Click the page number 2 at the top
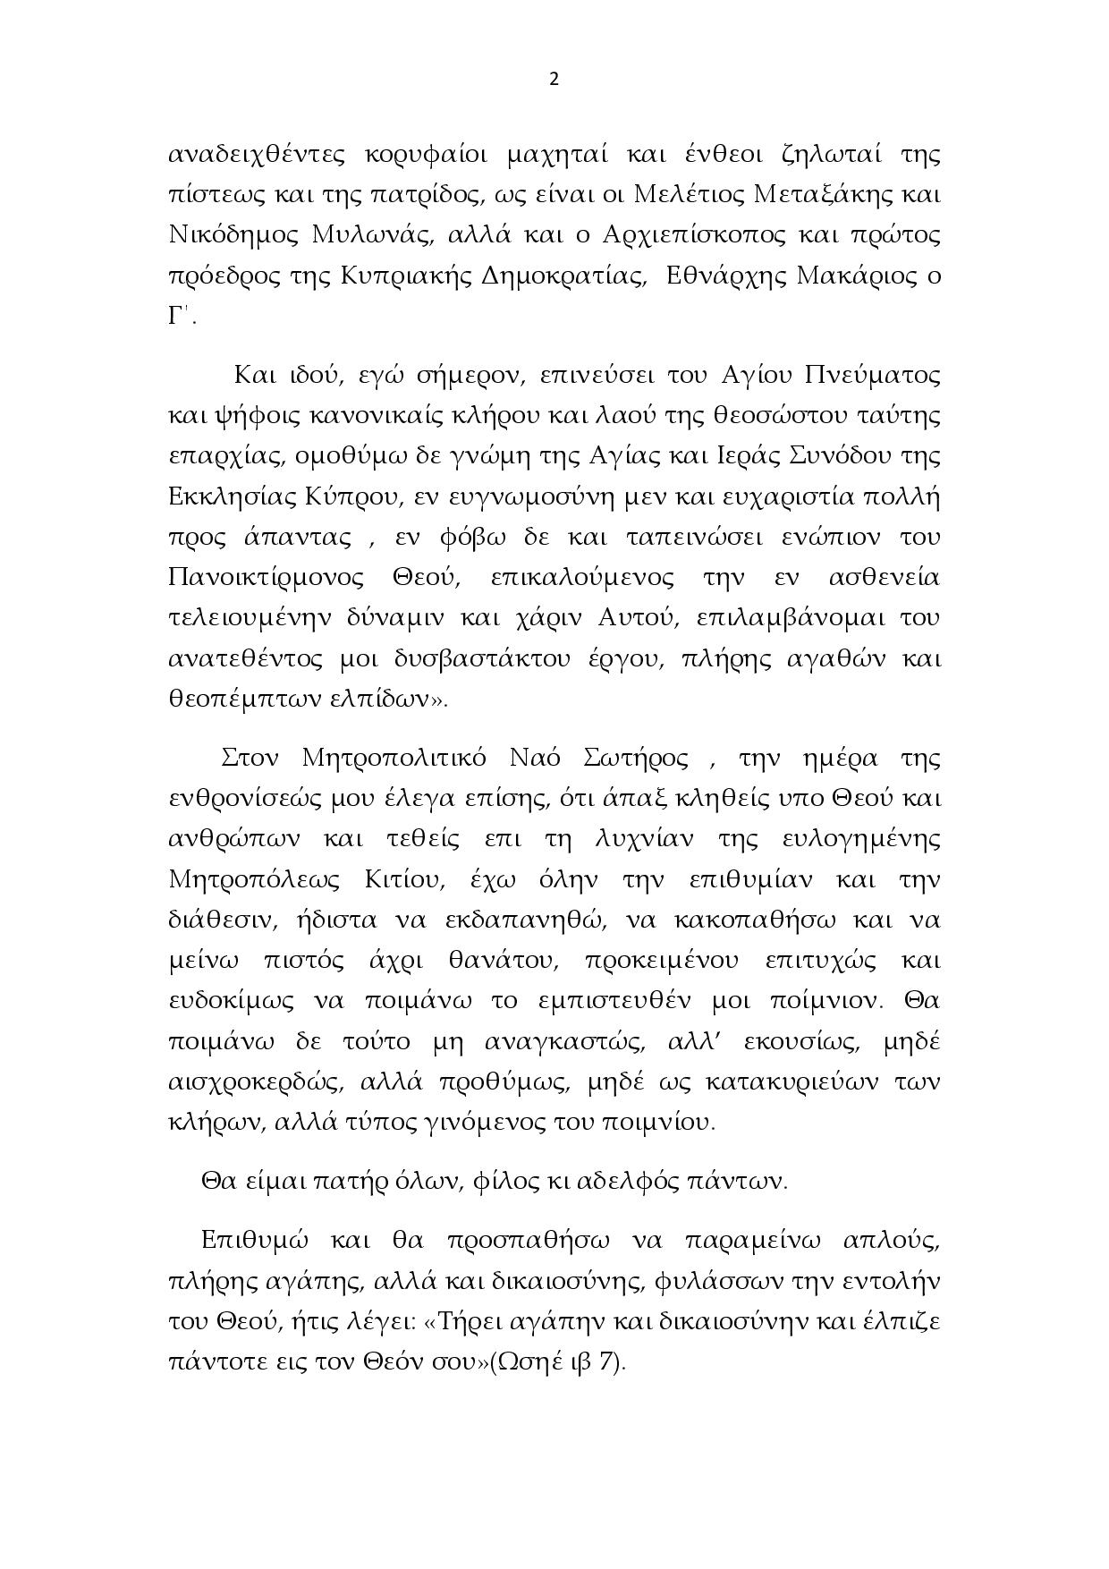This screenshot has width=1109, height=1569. coord(554,80)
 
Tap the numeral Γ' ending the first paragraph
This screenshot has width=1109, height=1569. coord(178,318)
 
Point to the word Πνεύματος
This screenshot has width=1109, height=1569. coord(873,376)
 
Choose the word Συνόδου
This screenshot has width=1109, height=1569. coord(823,456)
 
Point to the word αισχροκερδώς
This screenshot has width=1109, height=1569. coord(256,1082)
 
